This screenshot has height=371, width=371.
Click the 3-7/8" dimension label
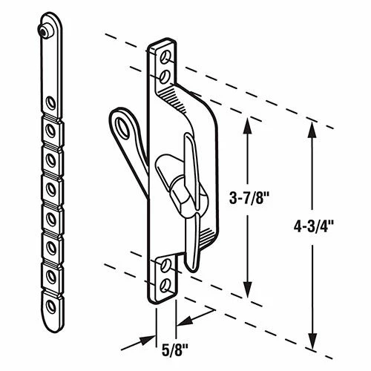(249, 198)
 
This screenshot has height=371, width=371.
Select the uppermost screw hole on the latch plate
(166, 56)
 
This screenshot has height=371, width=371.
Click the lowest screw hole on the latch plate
(165, 280)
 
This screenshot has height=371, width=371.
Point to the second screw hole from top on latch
(165, 74)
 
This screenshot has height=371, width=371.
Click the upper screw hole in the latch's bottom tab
(165, 264)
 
